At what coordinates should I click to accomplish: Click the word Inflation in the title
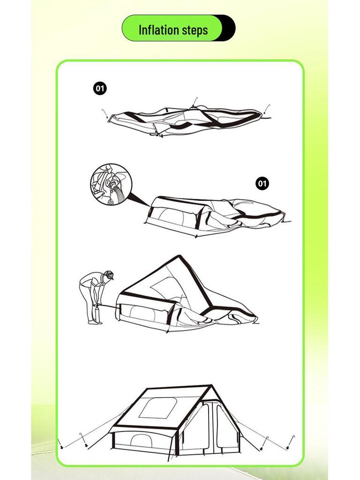click(157, 30)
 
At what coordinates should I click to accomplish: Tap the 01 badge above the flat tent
click(100, 88)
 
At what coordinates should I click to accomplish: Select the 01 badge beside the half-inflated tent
click(262, 183)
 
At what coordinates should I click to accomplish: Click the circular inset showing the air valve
click(111, 185)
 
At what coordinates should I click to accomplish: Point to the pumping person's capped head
click(109, 275)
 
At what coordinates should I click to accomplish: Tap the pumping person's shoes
click(95, 322)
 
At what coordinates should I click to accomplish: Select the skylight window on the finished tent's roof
click(157, 408)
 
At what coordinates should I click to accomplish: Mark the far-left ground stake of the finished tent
click(60, 442)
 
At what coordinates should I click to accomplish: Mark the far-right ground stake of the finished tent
click(293, 440)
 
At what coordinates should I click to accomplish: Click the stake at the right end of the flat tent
click(267, 109)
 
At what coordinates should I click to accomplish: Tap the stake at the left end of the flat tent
click(105, 113)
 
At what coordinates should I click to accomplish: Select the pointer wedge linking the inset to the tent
click(140, 200)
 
